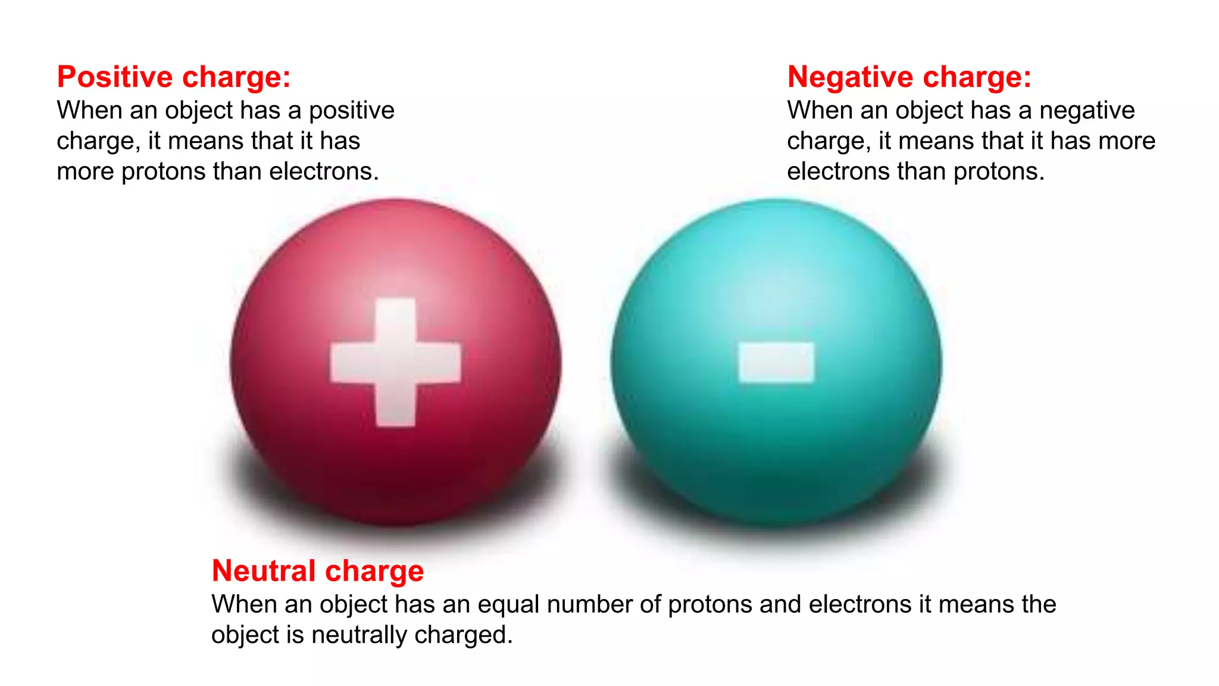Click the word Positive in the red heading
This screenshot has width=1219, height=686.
[115, 77]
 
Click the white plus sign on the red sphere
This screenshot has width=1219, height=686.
[396, 362]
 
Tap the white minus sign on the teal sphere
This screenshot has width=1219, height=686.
[776, 362]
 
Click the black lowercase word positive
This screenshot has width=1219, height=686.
[351, 111]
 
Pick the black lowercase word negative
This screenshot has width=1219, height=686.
[1087, 111]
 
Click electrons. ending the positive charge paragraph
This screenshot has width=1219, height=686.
[324, 171]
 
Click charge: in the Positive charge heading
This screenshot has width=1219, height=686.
[236, 77]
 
